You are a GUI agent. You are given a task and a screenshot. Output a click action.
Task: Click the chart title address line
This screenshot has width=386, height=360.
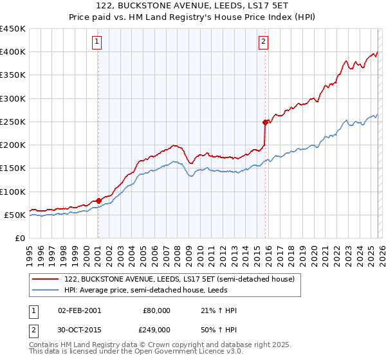pyautogui.click(x=192, y=6)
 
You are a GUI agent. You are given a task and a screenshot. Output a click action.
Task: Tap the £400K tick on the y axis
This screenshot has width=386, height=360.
pyautogui.click(x=13, y=52)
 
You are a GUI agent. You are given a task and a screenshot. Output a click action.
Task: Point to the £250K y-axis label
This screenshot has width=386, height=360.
pyautogui.click(x=13, y=122)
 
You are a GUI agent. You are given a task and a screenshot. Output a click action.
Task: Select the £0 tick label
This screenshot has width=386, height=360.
pyautogui.click(x=19, y=238)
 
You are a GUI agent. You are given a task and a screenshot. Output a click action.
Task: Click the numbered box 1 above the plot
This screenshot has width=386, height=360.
pyautogui.click(x=97, y=42)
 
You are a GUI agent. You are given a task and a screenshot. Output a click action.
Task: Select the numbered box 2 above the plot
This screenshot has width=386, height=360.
pyautogui.click(x=264, y=42)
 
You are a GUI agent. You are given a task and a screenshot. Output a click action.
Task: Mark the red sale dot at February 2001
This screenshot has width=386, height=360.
pyautogui.click(x=98, y=201)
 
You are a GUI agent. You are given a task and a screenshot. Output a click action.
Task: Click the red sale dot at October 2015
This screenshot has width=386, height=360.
pyautogui.click(x=265, y=122)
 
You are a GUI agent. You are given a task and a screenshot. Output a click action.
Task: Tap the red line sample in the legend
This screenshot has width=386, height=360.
pyautogui.click(x=46, y=279)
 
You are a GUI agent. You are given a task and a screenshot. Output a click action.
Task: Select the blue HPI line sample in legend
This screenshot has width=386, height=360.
pyautogui.click(x=46, y=290)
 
